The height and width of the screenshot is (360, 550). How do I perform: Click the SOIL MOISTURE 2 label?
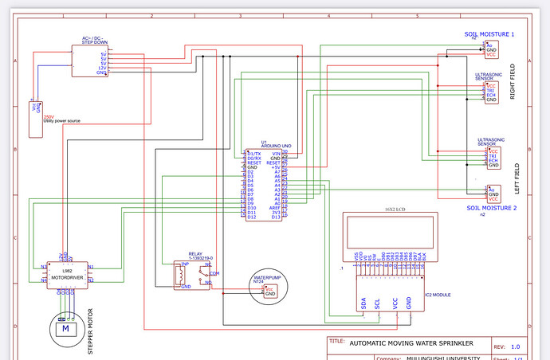click(x=492, y=208)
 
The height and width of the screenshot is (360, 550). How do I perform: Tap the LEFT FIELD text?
click(x=517, y=180)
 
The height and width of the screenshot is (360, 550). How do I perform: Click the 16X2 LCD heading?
click(x=389, y=210)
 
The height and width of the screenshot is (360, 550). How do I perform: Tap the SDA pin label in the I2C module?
click(x=364, y=303)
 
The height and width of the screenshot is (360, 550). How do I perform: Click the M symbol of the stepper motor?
click(x=67, y=328)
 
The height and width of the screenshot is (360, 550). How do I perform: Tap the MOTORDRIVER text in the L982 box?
click(x=67, y=278)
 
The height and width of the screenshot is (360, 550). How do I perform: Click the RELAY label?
click(x=195, y=253)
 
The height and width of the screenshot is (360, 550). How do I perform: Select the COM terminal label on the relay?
click(x=214, y=272)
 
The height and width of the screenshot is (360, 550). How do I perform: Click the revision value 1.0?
click(x=515, y=346)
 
